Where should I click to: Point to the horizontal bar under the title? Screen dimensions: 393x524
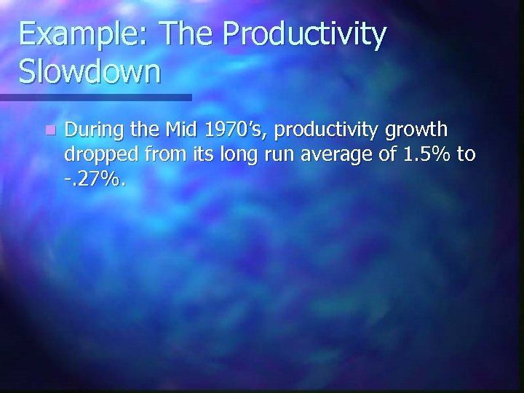pyautogui.click(x=95, y=97)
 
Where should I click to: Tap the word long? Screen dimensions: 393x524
pyautogui.click(x=234, y=156)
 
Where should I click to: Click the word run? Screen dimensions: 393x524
pyautogui.click(x=278, y=156)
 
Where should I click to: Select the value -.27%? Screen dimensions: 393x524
pyautogui.click(x=95, y=178)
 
